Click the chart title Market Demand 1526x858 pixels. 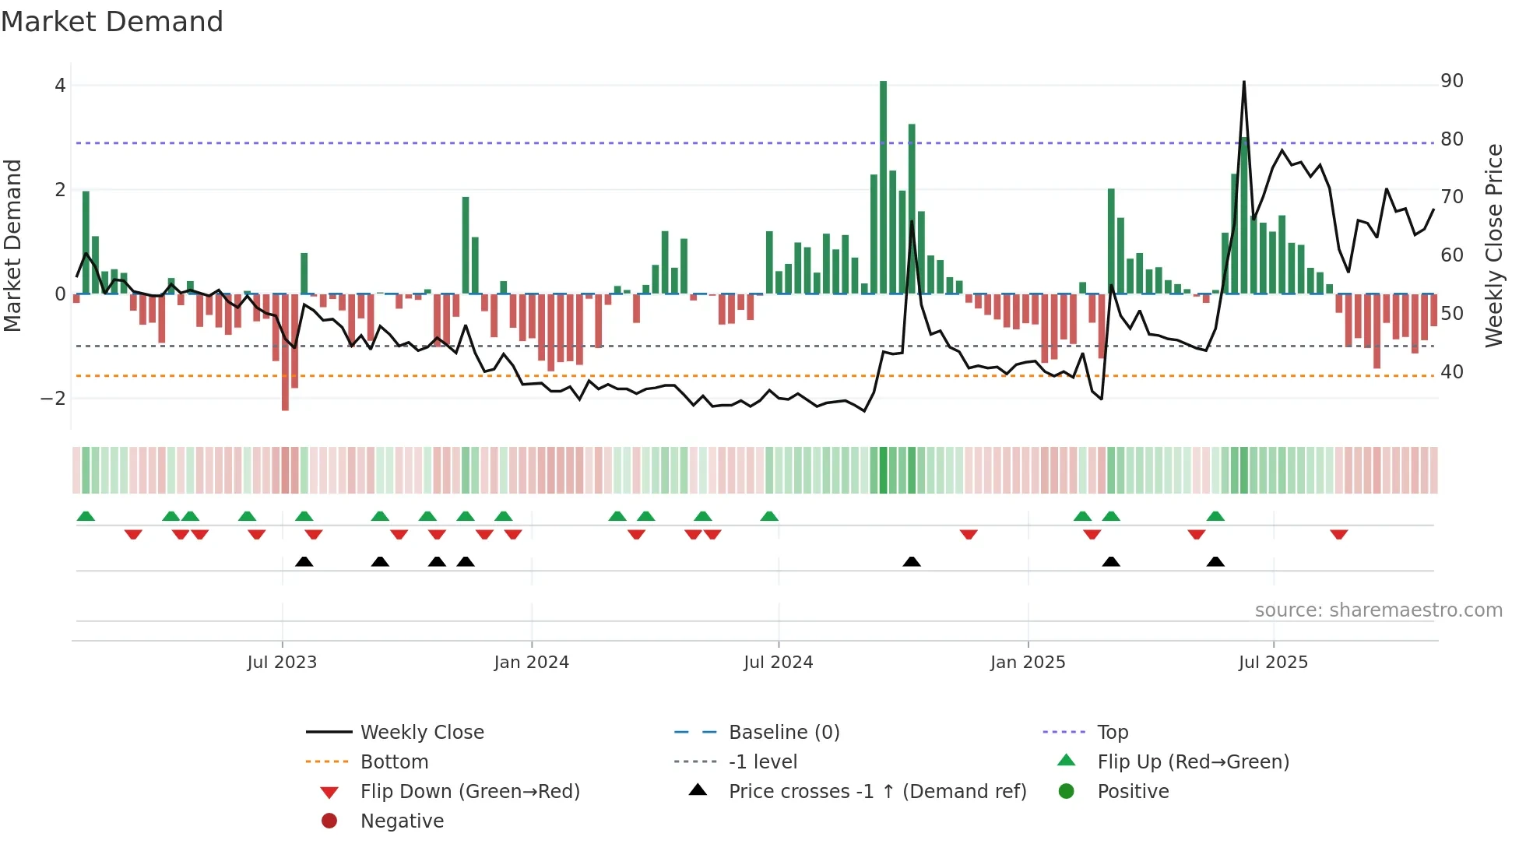[112, 22]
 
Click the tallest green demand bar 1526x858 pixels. [883, 187]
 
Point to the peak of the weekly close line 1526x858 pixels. [1243, 83]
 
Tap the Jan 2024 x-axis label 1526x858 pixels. [531, 663]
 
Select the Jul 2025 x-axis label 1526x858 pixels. [1273, 663]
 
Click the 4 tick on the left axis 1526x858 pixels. [60, 86]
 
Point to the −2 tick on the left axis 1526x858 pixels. [54, 399]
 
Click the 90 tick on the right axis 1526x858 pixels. [1451, 81]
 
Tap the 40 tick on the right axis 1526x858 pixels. [1451, 372]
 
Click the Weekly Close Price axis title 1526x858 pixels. [1493, 245]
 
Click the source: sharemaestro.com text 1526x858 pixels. [1378, 610]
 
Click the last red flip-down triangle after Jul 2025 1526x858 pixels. [1338, 534]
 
